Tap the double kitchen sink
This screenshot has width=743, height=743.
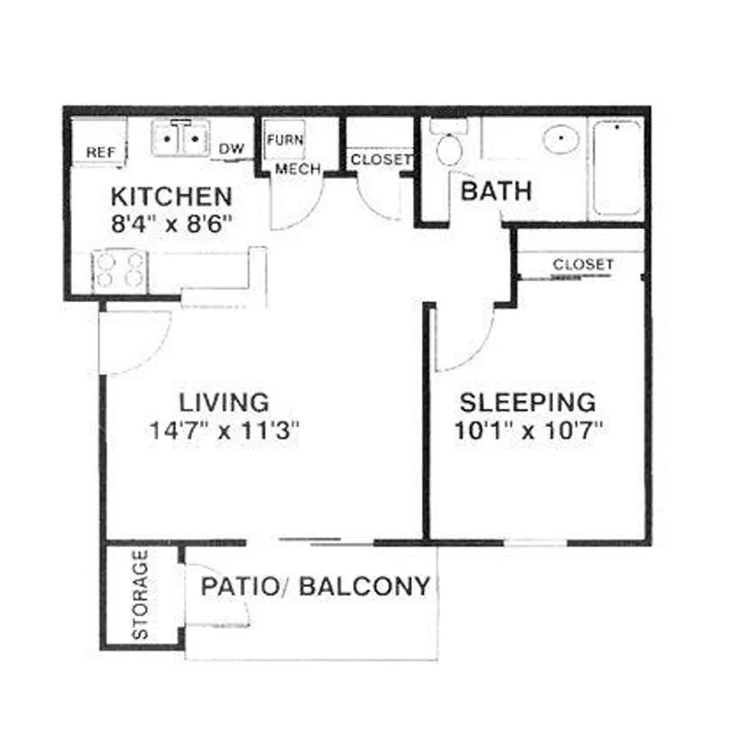[x=180, y=140]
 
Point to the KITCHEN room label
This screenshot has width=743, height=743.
[x=171, y=197]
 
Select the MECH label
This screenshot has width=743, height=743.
[x=297, y=169]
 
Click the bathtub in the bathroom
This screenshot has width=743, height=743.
[x=618, y=167]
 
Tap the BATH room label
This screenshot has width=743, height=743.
[x=496, y=191]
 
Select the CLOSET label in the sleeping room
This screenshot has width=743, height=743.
[x=583, y=264]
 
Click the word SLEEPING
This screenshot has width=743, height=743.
[x=527, y=401]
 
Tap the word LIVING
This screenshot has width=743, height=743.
[x=224, y=401]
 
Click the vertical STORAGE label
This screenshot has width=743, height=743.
[x=140, y=594]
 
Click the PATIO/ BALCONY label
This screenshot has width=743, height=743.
[x=316, y=586]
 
